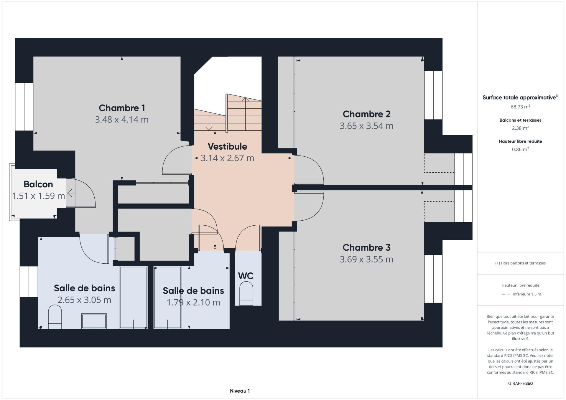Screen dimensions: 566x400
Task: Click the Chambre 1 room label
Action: (x=122, y=108)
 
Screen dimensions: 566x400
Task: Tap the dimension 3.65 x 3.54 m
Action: (x=366, y=126)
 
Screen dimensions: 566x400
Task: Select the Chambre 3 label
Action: (x=366, y=247)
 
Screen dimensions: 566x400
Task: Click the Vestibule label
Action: (x=227, y=146)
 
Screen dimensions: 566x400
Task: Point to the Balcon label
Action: (x=38, y=184)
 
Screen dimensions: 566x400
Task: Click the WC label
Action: (x=246, y=276)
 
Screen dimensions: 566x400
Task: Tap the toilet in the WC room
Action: (x=246, y=293)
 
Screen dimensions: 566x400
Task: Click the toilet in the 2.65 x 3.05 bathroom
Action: (x=55, y=317)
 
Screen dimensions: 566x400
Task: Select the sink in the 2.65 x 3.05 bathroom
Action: (x=94, y=321)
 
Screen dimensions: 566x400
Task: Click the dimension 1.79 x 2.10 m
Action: (x=193, y=303)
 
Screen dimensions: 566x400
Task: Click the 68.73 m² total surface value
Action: (x=520, y=107)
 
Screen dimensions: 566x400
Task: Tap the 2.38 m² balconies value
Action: (x=520, y=128)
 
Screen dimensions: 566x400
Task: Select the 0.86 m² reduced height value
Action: (x=520, y=149)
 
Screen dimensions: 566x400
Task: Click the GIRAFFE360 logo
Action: (x=520, y=384)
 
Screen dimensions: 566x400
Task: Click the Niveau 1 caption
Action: (x=240, y=391)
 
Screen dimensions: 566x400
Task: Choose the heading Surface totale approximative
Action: (x=520, y=97)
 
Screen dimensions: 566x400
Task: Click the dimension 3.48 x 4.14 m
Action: (x=122, y=120)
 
